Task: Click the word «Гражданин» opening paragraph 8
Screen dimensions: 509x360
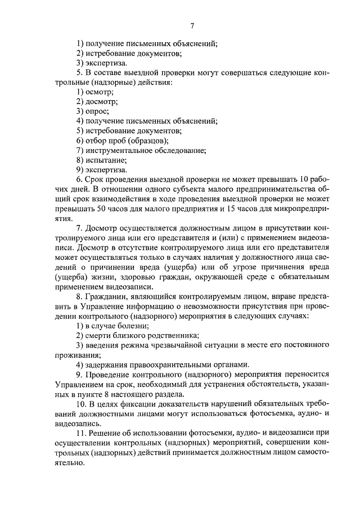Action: pos(106,296)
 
